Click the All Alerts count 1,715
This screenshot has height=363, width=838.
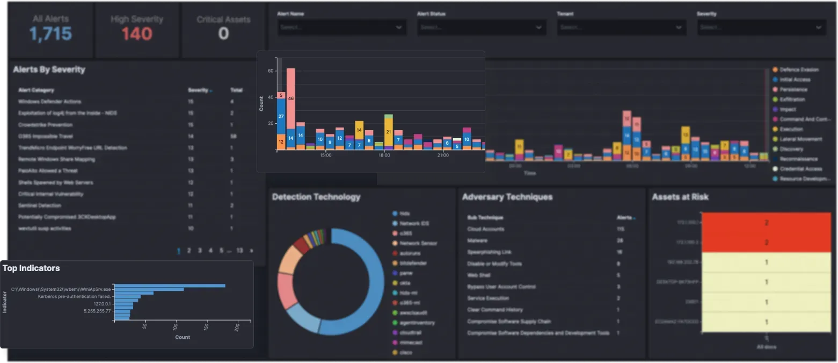pyautogui.click(x=50, y=34)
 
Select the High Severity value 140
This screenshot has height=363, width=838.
pyautogui.click(x=136, y=34)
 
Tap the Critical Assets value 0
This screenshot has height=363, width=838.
pyautogui.click(x=223, y=34)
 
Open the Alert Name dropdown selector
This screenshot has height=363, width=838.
pyautogui.click(x=341, y=27)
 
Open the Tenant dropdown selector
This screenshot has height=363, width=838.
pyautogui.click(x=621, y=27)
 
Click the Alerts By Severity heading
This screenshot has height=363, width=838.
pyautogui.click(x=49, y=69)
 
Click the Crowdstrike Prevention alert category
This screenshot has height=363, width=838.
pyautogui.click(x=45, y=125)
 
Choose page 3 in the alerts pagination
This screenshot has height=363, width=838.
pyautogui.click(x=200, y=251)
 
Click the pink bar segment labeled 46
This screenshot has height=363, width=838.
pyautogui.click(x=290, y=98)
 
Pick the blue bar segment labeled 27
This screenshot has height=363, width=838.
pyautogui.click(x=281, y=116)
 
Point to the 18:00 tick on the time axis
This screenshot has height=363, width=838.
pyautogui.click(x=384, y=155)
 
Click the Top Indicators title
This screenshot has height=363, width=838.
pyautogui.click(x=31, y=268)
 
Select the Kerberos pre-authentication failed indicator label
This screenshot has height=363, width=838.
pyautogui.click(x=74, y=296)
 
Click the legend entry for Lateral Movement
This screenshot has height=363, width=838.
pyautogui.click(x=800, y=139)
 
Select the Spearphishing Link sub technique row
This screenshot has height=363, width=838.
pyautogui.click(x=489, y=252)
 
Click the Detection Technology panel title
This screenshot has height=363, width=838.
pyautogui.click(x=316, y=197)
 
